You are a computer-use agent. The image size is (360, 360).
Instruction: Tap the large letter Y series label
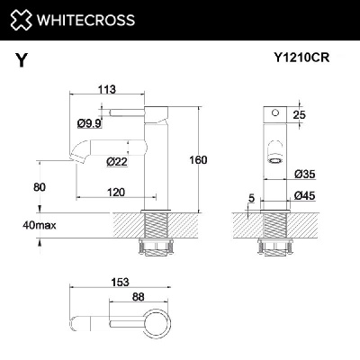[x=21, y=60]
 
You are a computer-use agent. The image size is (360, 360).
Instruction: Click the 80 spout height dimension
[x=39, y=186]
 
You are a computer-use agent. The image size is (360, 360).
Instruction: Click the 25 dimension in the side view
[x=300, y=115]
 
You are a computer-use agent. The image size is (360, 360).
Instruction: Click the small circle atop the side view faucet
[x=275, y=114]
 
